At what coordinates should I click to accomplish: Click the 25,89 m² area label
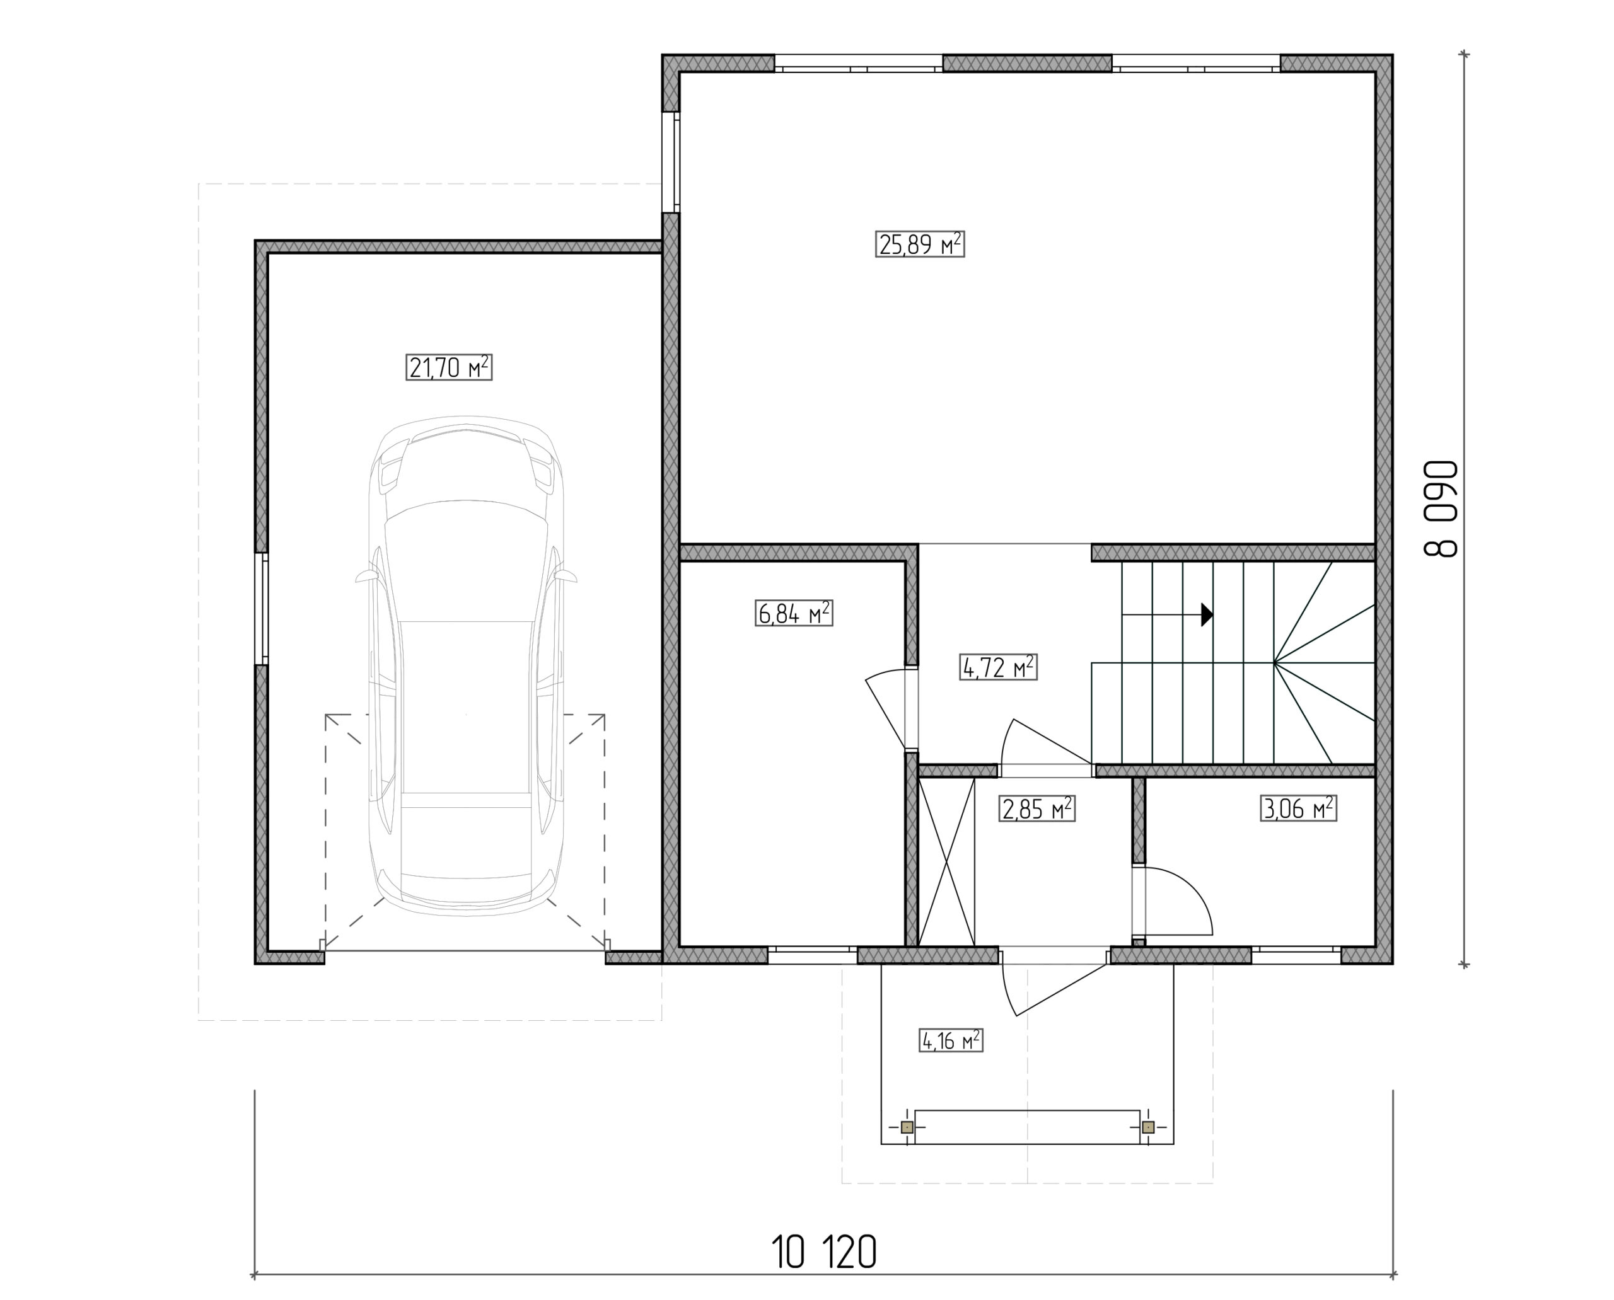(919, 244)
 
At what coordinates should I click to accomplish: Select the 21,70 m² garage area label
(449, 367)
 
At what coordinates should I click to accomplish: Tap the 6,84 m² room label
(794, 613)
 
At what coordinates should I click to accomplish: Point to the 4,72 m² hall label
(998, 667)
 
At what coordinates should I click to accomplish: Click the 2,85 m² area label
(1037, 808)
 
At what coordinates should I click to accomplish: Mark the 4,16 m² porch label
(950, 1041)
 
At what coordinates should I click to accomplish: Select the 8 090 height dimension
(1441, 509)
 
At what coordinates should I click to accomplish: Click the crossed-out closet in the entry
(946, 861)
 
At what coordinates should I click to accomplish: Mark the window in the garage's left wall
(262, 609)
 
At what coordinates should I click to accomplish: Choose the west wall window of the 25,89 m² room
(671, 163)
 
